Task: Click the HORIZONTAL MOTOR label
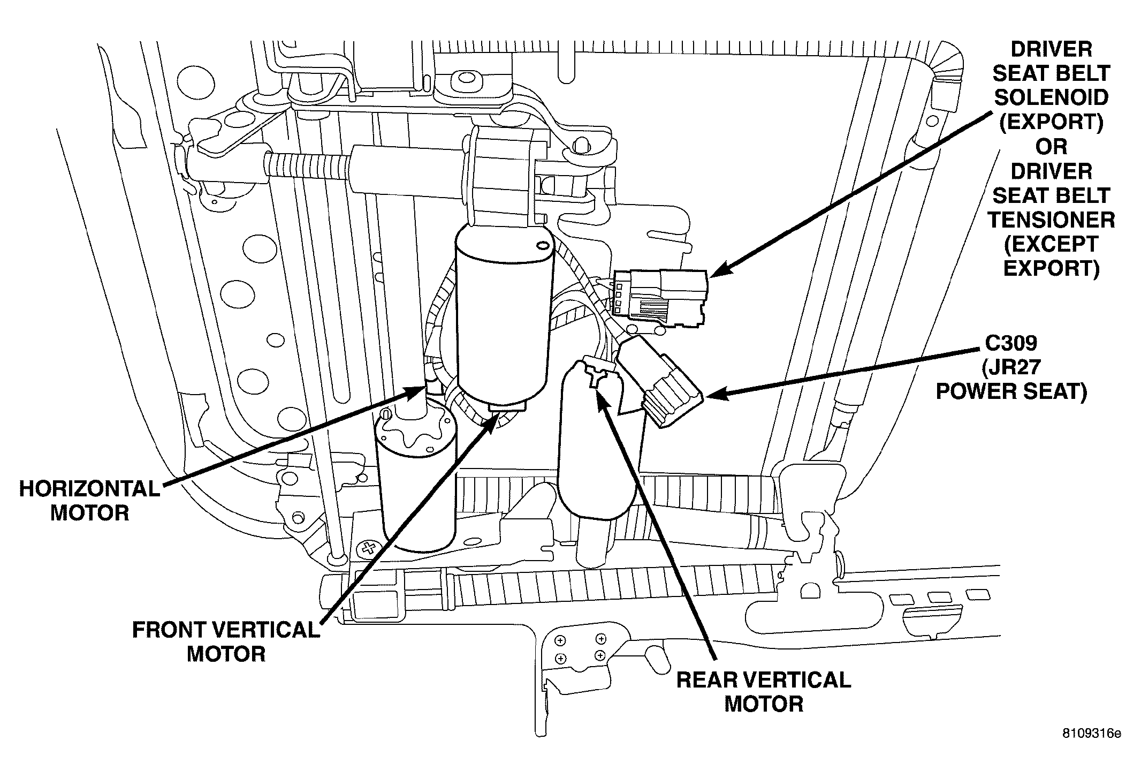point(89,500)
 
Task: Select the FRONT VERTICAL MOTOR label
point(226,641)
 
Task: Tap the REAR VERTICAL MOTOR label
point(764,691)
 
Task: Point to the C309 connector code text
point(1011,343)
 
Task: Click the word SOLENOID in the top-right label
point(1051,97)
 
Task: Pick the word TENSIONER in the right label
point(1051,220)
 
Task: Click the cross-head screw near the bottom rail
point(369,547)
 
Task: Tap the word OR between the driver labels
point(1051,146)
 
